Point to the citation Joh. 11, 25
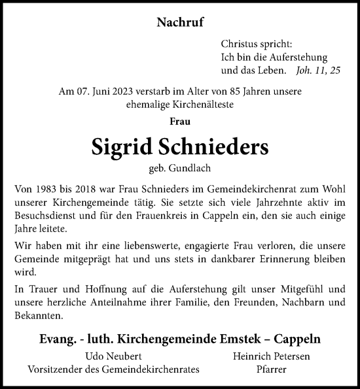click(x=317, y=69)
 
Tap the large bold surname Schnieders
click(x=224, y=147)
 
